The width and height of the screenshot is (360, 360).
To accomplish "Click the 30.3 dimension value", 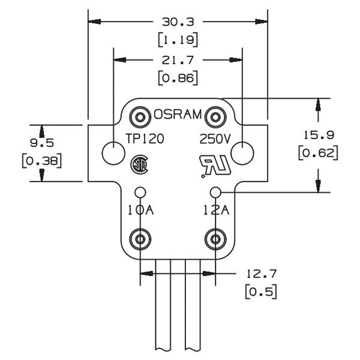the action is pyautogui.click(x=178, y=22).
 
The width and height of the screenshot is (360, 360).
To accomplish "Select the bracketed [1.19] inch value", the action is pyautogui.click(x=178, y=40).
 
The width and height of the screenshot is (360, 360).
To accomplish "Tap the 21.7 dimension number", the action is pyautogui.click(x=178, y=60).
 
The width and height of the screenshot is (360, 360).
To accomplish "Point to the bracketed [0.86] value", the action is pyautogui.click(x=178, y=78).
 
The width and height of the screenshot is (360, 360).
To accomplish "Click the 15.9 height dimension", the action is pyautogui.click(x=319, y=135).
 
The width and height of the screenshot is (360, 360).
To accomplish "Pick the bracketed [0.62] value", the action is pyautogui.click(x=319, y=152).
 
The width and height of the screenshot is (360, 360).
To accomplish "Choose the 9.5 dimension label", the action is pyautogui.click(x=42, y=143).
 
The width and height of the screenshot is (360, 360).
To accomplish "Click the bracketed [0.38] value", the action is pyautogui.click(x=42, y=161).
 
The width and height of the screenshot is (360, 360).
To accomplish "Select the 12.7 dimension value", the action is pyautogui.click(x=262, y=274).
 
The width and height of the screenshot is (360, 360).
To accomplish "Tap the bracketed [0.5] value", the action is pyautogui.click(x=261, y=292).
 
